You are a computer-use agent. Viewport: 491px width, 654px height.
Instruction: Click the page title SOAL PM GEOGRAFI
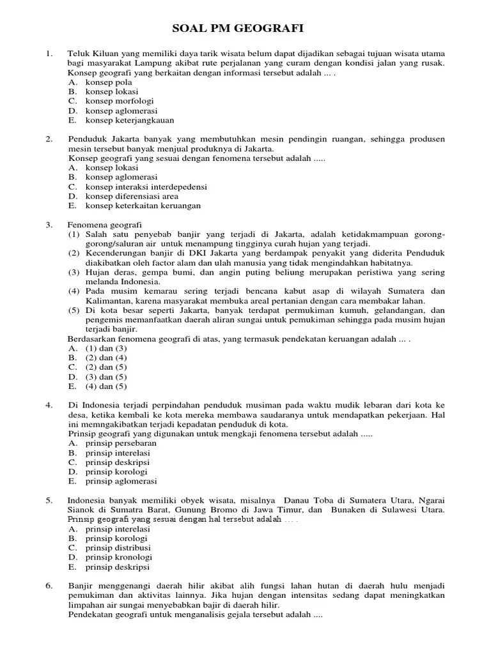coord(238,28)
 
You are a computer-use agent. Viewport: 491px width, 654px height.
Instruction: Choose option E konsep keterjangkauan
coord(130,119)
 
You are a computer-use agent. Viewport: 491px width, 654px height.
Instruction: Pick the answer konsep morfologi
coord(120,101)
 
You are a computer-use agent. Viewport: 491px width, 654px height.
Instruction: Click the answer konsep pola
coord(110,82)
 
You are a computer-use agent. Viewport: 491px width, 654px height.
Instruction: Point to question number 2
coord(49,139)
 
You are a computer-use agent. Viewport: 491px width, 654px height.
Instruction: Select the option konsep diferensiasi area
coord(132,196)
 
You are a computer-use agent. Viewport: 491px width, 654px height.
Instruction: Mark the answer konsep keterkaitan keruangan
coord(143,206)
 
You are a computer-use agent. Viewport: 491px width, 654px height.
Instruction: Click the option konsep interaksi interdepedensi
coord(146,186)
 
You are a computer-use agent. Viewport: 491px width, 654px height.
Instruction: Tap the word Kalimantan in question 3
coord(95,301)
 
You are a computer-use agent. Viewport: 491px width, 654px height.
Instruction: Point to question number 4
coord(49,405)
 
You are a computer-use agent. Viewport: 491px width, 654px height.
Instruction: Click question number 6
coord(49,586)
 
